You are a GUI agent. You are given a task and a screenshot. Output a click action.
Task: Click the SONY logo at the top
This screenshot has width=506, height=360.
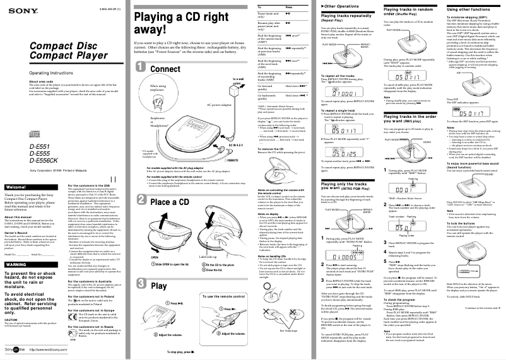pyautogui.click(x=14, y=6)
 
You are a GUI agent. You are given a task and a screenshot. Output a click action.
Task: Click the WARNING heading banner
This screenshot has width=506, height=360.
pyautogui.click(x=15, y=264)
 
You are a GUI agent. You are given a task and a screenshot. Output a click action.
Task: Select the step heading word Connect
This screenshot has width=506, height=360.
pyautogui.click(x=165, y=69)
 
